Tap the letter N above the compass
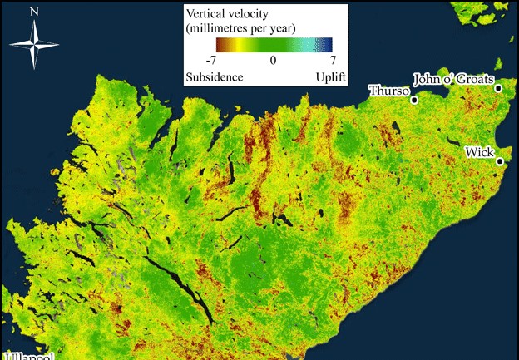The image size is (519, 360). (x=34, y=12)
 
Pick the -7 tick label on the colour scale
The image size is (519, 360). (x=213, y=61)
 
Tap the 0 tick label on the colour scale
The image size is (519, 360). (x=272, y=61)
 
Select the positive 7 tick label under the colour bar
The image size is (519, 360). (x=332, y=61)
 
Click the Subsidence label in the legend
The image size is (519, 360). (x=214, y=76)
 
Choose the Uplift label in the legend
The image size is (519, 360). (x=327, y=76)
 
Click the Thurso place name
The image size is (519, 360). (x=388, y=91)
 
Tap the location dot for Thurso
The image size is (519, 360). (x=415, y=99)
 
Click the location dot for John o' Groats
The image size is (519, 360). (x=498, y=88)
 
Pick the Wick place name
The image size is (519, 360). (x=479, y=152)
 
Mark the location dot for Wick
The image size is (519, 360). (x=500, y=162)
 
